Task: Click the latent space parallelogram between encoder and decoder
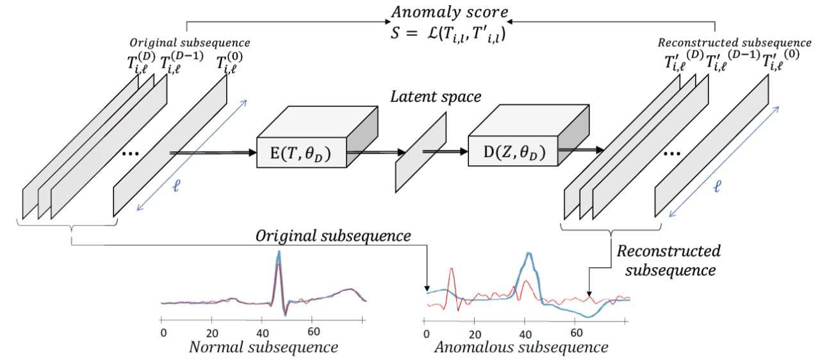tap(421, 152)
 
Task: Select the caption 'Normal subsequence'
tap(264, 348)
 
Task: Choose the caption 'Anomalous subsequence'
tap(520, 348)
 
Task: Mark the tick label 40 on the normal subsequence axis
tap(263, 332)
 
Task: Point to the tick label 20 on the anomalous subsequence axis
tap(475, 333)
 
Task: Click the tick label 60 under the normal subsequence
tap(314, 332)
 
